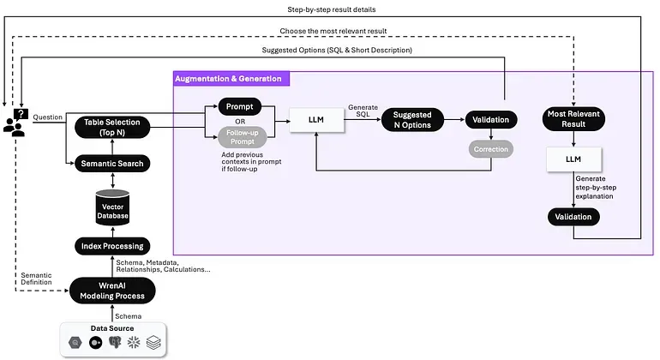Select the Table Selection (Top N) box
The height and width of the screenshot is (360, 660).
pos(111,127)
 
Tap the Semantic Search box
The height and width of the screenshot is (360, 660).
pos(111,163)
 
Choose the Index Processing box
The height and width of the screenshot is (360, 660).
pos(111,247)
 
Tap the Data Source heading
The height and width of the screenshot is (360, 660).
pos(111,328)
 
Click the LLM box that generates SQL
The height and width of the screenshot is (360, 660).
pos(315,121)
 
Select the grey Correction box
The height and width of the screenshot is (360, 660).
pos(489,149)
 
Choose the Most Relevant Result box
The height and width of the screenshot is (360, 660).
pos(573,120)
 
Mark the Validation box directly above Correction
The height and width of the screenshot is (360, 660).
pos(489,120)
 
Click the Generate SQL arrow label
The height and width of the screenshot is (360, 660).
pos(363,112)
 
